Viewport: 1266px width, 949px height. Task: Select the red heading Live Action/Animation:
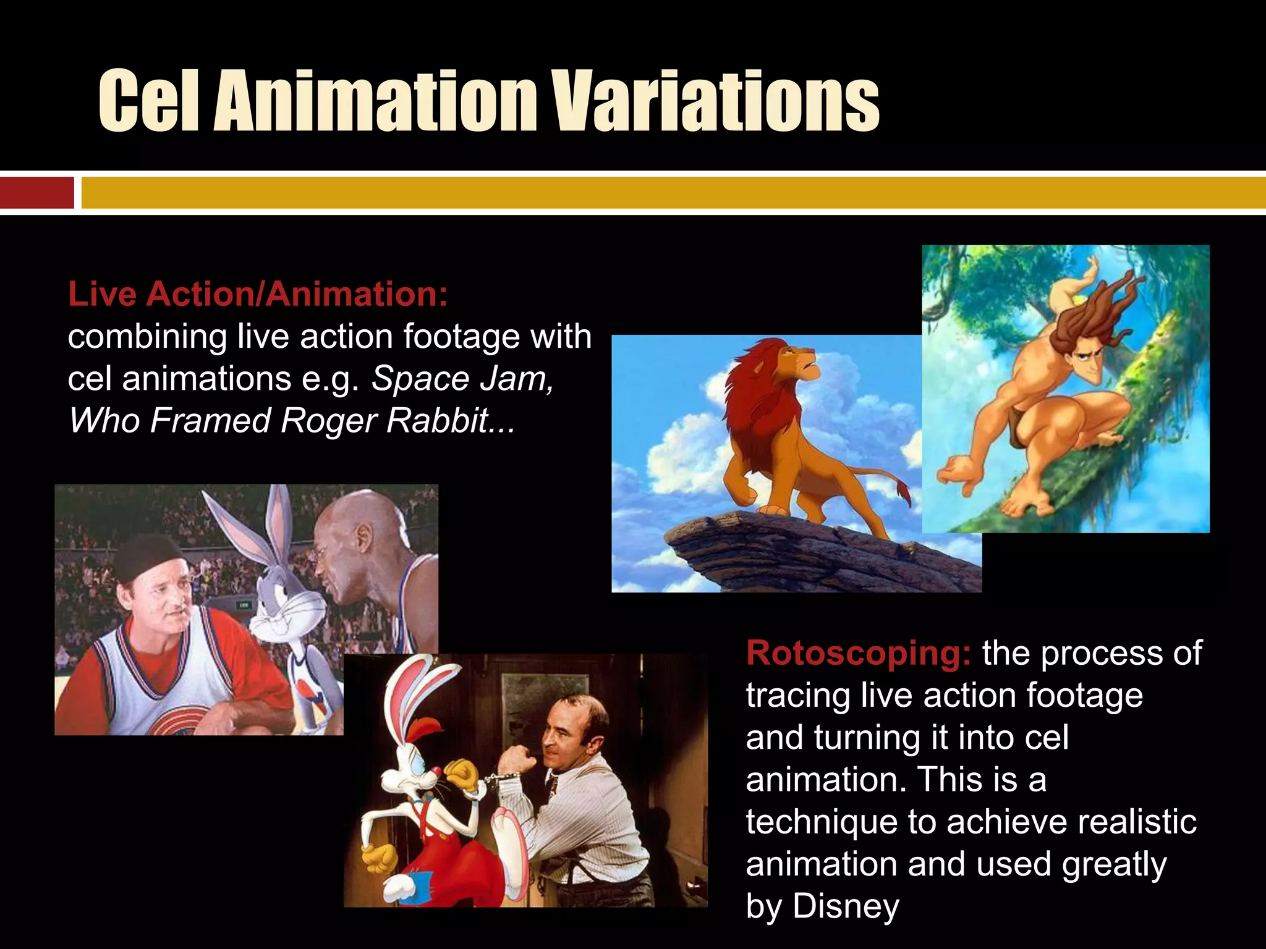click(x=258, y=294)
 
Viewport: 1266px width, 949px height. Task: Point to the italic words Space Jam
click(x=462, y=379)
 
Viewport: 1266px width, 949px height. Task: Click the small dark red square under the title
click(x=36, y=193)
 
